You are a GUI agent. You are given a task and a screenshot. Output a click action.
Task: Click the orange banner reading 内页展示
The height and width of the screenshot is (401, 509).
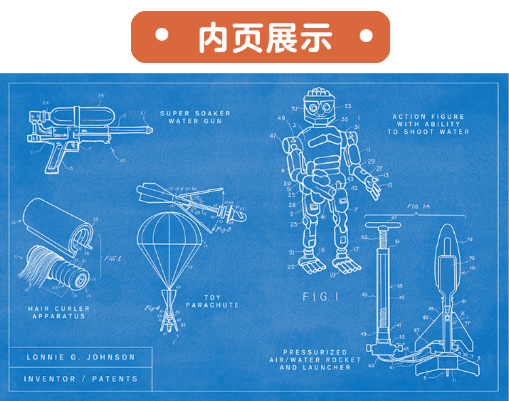pos(261,37)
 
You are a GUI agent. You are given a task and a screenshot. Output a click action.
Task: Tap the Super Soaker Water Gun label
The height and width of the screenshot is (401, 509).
pos(195,117)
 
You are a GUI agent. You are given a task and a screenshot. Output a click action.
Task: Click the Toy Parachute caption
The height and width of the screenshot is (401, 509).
pos(212,301)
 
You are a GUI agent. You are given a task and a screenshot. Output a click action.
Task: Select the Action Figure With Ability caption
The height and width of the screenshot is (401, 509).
pos(428,124)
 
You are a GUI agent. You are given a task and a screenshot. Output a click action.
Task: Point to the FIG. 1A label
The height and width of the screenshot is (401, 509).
pos(421,205)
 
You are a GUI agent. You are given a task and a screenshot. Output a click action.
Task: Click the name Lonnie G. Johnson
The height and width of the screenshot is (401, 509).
pos(81,357)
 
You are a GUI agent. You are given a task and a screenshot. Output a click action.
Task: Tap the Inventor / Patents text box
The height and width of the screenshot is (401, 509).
pos(81,379)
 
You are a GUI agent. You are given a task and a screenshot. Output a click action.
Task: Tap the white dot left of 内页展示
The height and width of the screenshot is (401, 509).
pos(162,35)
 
